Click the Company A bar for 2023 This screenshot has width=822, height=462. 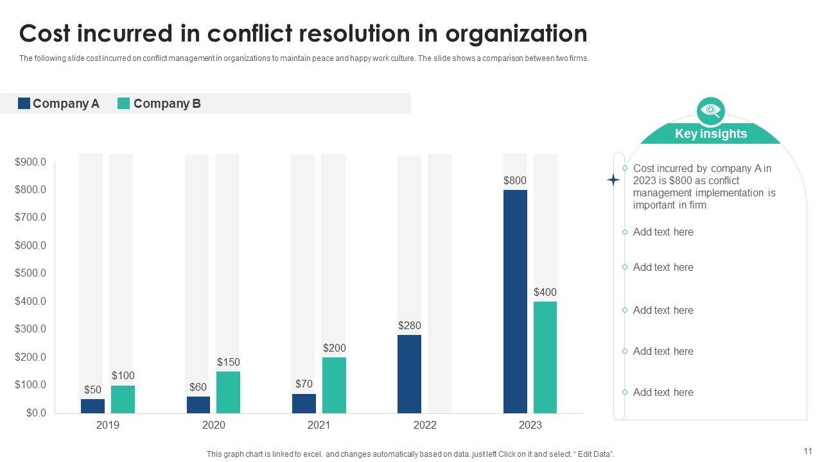tap(515, 301)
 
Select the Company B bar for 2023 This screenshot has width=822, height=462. tap(545, 357)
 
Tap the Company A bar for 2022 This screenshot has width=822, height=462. tap(410, 373)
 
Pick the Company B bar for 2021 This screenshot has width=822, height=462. tap(334, 385)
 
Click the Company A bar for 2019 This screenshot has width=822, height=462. tap(92, 406)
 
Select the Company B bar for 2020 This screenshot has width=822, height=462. tap(228, 392)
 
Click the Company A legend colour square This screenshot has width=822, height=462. tap(24, 103)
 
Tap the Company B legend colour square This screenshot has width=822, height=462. tap(124, 103)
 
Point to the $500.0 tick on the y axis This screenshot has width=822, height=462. tap(31, 273)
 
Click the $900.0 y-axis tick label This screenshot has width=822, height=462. tap(31, 162)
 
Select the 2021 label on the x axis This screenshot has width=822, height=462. tap(319, 425)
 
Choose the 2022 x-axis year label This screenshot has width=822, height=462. tap(425, 425)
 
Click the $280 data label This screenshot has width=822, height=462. tap(410, 325)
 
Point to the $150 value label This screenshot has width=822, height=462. tap(228, 362)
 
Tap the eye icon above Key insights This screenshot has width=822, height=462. tap(710, 111)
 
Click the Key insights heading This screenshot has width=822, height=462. tap(711, 133)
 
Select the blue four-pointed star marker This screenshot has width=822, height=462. tap(613, 180)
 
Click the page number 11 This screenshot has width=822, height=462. tap(808, 450)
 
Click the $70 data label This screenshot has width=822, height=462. tap(304, 384)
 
